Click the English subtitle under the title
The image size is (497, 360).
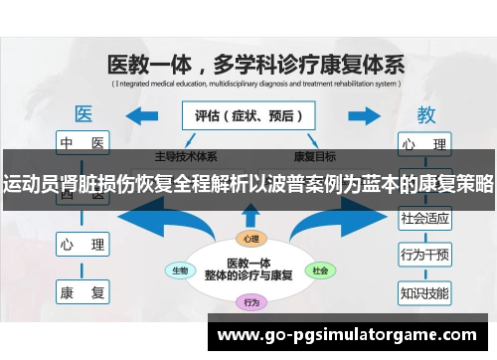pos(254,86)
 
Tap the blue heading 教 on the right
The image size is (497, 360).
pos(425,113)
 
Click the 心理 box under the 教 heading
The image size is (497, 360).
pos(424,142)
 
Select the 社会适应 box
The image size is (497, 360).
pos(424,217)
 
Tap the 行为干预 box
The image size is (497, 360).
pos(424,255)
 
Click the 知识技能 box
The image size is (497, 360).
pos(424,292)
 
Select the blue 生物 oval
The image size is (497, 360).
pos(181,270)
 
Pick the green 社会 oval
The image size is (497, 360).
pos(318,270)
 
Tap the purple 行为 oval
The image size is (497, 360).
pos(250,301)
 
